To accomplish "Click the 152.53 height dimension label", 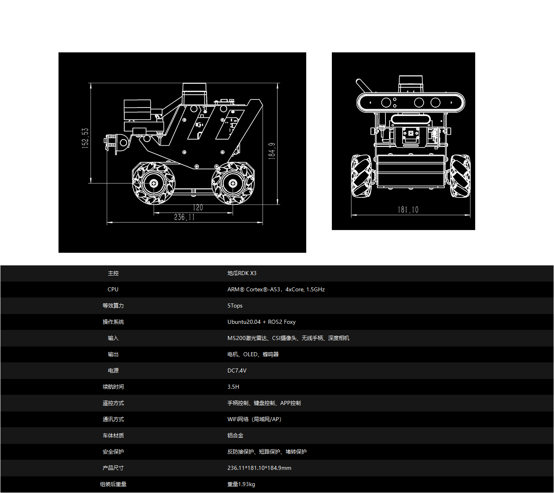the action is pos(85,138).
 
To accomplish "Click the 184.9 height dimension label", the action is pos(272,151).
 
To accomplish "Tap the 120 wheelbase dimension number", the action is pos(198,208).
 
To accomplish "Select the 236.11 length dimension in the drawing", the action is pos(184,217).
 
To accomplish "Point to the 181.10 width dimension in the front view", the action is pos(408,210).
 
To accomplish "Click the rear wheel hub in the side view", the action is pos(233,183).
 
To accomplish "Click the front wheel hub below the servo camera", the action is pos(154,183).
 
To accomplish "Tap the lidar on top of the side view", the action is pos(194,94).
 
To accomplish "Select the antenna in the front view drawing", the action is pos(364,86).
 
